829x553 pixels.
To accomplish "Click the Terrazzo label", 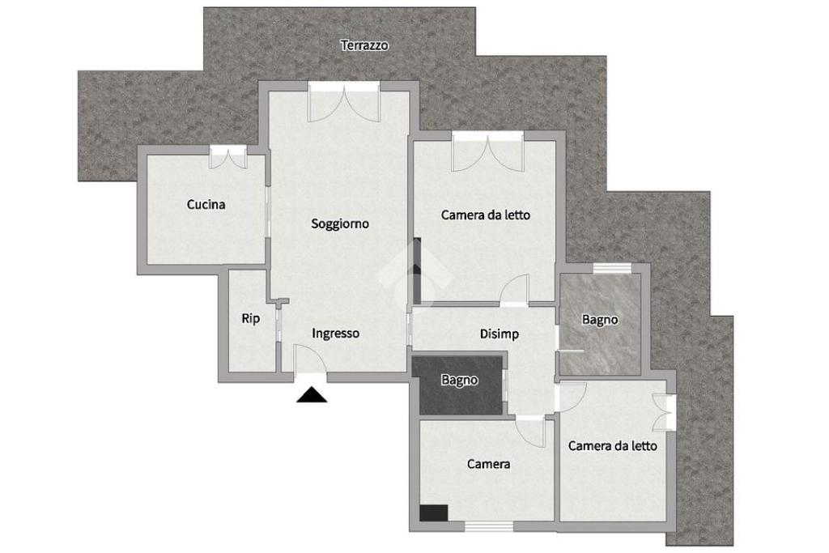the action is pyautogui.click(x=364, y=45).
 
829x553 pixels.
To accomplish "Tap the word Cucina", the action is pyautogui.click(x=206, y=204).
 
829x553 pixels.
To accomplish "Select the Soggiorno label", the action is pyautogui.click(x=340, y=223).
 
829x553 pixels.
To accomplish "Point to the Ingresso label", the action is pyautogui.click(x=336, y=334).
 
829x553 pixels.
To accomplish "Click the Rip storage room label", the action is pyautogui.click(x=251, y=318).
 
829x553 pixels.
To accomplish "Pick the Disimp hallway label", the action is pyautogui.click(x=499, y=334).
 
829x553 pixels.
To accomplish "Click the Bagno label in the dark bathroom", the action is pyautogui.click(x=460, y=380).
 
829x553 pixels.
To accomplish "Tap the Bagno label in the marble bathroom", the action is pyautogui.click(x=600, y=319).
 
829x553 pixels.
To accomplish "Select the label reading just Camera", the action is pyautogui.click(x=488, y=464).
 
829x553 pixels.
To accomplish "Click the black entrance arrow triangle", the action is pyautogui.click(x=312, y=395).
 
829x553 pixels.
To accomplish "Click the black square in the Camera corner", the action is pyautogui.click(x=434, y=513).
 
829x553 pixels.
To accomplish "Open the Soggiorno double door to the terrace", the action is pyautogui.click(x=344, y=103).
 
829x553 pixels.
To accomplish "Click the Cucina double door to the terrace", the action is pyautogui.click(x=227, y=158).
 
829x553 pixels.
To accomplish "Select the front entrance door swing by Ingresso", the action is pyautogui.click(x=309, y=360).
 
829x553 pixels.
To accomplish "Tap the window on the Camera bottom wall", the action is pyautogui.click(x=488, y=526).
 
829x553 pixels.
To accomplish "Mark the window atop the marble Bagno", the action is pyautogui.click(x=612, y=269).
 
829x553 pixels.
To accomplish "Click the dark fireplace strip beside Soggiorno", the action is pyautogui.click(x=417, y=271).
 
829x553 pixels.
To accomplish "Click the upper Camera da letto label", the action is pyautogui.click(x=486, y=215).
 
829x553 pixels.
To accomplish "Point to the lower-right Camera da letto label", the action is pyautogui.click(x=613, y=446).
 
